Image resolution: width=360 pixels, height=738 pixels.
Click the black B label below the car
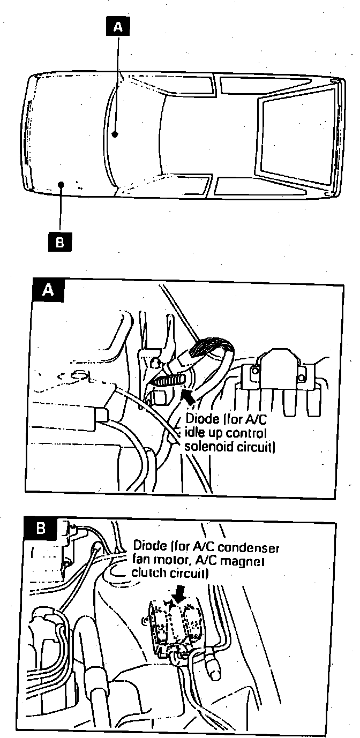pos(60,242)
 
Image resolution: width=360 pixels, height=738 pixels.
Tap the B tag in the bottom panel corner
pos(41,529)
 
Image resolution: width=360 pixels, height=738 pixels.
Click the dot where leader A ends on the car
pos(114,134)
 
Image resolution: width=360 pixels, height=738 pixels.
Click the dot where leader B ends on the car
pos(61,185)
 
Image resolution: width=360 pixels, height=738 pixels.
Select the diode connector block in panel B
pos(174,624)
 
